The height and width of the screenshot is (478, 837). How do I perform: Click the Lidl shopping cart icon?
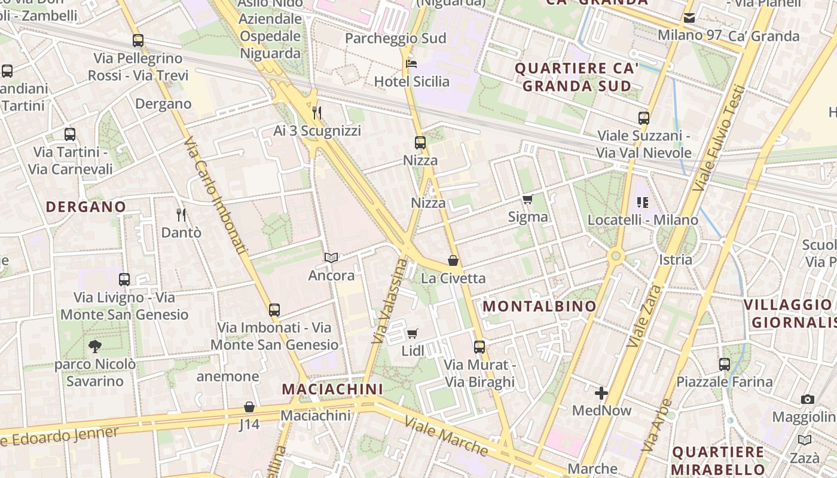(x=412, y=333)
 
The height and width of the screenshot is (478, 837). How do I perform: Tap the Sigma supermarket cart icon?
(x=527, y=200)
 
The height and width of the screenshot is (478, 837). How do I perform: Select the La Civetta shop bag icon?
(x=453, y=261)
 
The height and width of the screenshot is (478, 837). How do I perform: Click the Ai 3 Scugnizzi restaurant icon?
(x=317, y=112)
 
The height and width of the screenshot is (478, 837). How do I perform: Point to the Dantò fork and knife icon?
(x=181, y=215)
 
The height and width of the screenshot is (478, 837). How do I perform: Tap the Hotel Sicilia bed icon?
(x=411, y=63)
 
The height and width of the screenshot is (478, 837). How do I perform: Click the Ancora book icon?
(x=331, y=258)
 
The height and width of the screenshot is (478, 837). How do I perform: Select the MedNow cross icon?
(x=601, y=393)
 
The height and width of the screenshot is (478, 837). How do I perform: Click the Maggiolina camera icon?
(x=807, y=399)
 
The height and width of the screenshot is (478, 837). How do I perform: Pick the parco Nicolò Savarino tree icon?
(x=94, y=346)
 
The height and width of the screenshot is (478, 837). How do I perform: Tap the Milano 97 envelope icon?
(x=689, y=18)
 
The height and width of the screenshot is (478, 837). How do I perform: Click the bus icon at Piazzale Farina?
(x=725, y=364)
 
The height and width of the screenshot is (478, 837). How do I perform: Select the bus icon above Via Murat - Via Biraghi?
(x=479, y=347)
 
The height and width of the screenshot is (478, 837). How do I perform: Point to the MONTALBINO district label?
(x=539, y=307)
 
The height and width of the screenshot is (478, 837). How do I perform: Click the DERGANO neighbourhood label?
(x=86, y=207)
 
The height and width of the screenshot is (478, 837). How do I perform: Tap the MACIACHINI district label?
(x=332, y=389)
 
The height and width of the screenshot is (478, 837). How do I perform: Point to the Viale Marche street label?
(x=446, y=436)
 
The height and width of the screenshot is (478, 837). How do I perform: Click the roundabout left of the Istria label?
(x=615, y=256)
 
